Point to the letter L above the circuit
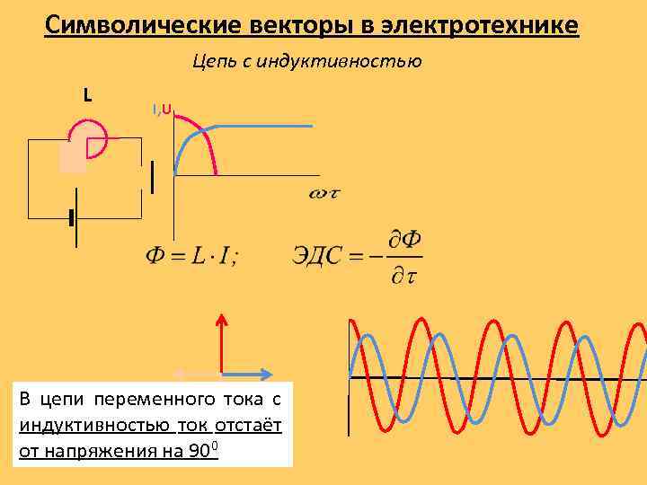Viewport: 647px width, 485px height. point(87,93)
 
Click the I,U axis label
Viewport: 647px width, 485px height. point(163,110)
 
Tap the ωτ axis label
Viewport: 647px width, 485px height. point(324,193)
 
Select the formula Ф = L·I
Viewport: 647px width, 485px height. point(191,256)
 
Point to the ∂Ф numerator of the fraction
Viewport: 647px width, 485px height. point(406,240)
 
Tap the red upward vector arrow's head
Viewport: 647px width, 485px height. point(221,317)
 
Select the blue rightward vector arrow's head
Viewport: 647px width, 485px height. point(268,373)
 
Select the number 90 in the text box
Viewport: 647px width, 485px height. point(202,452)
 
